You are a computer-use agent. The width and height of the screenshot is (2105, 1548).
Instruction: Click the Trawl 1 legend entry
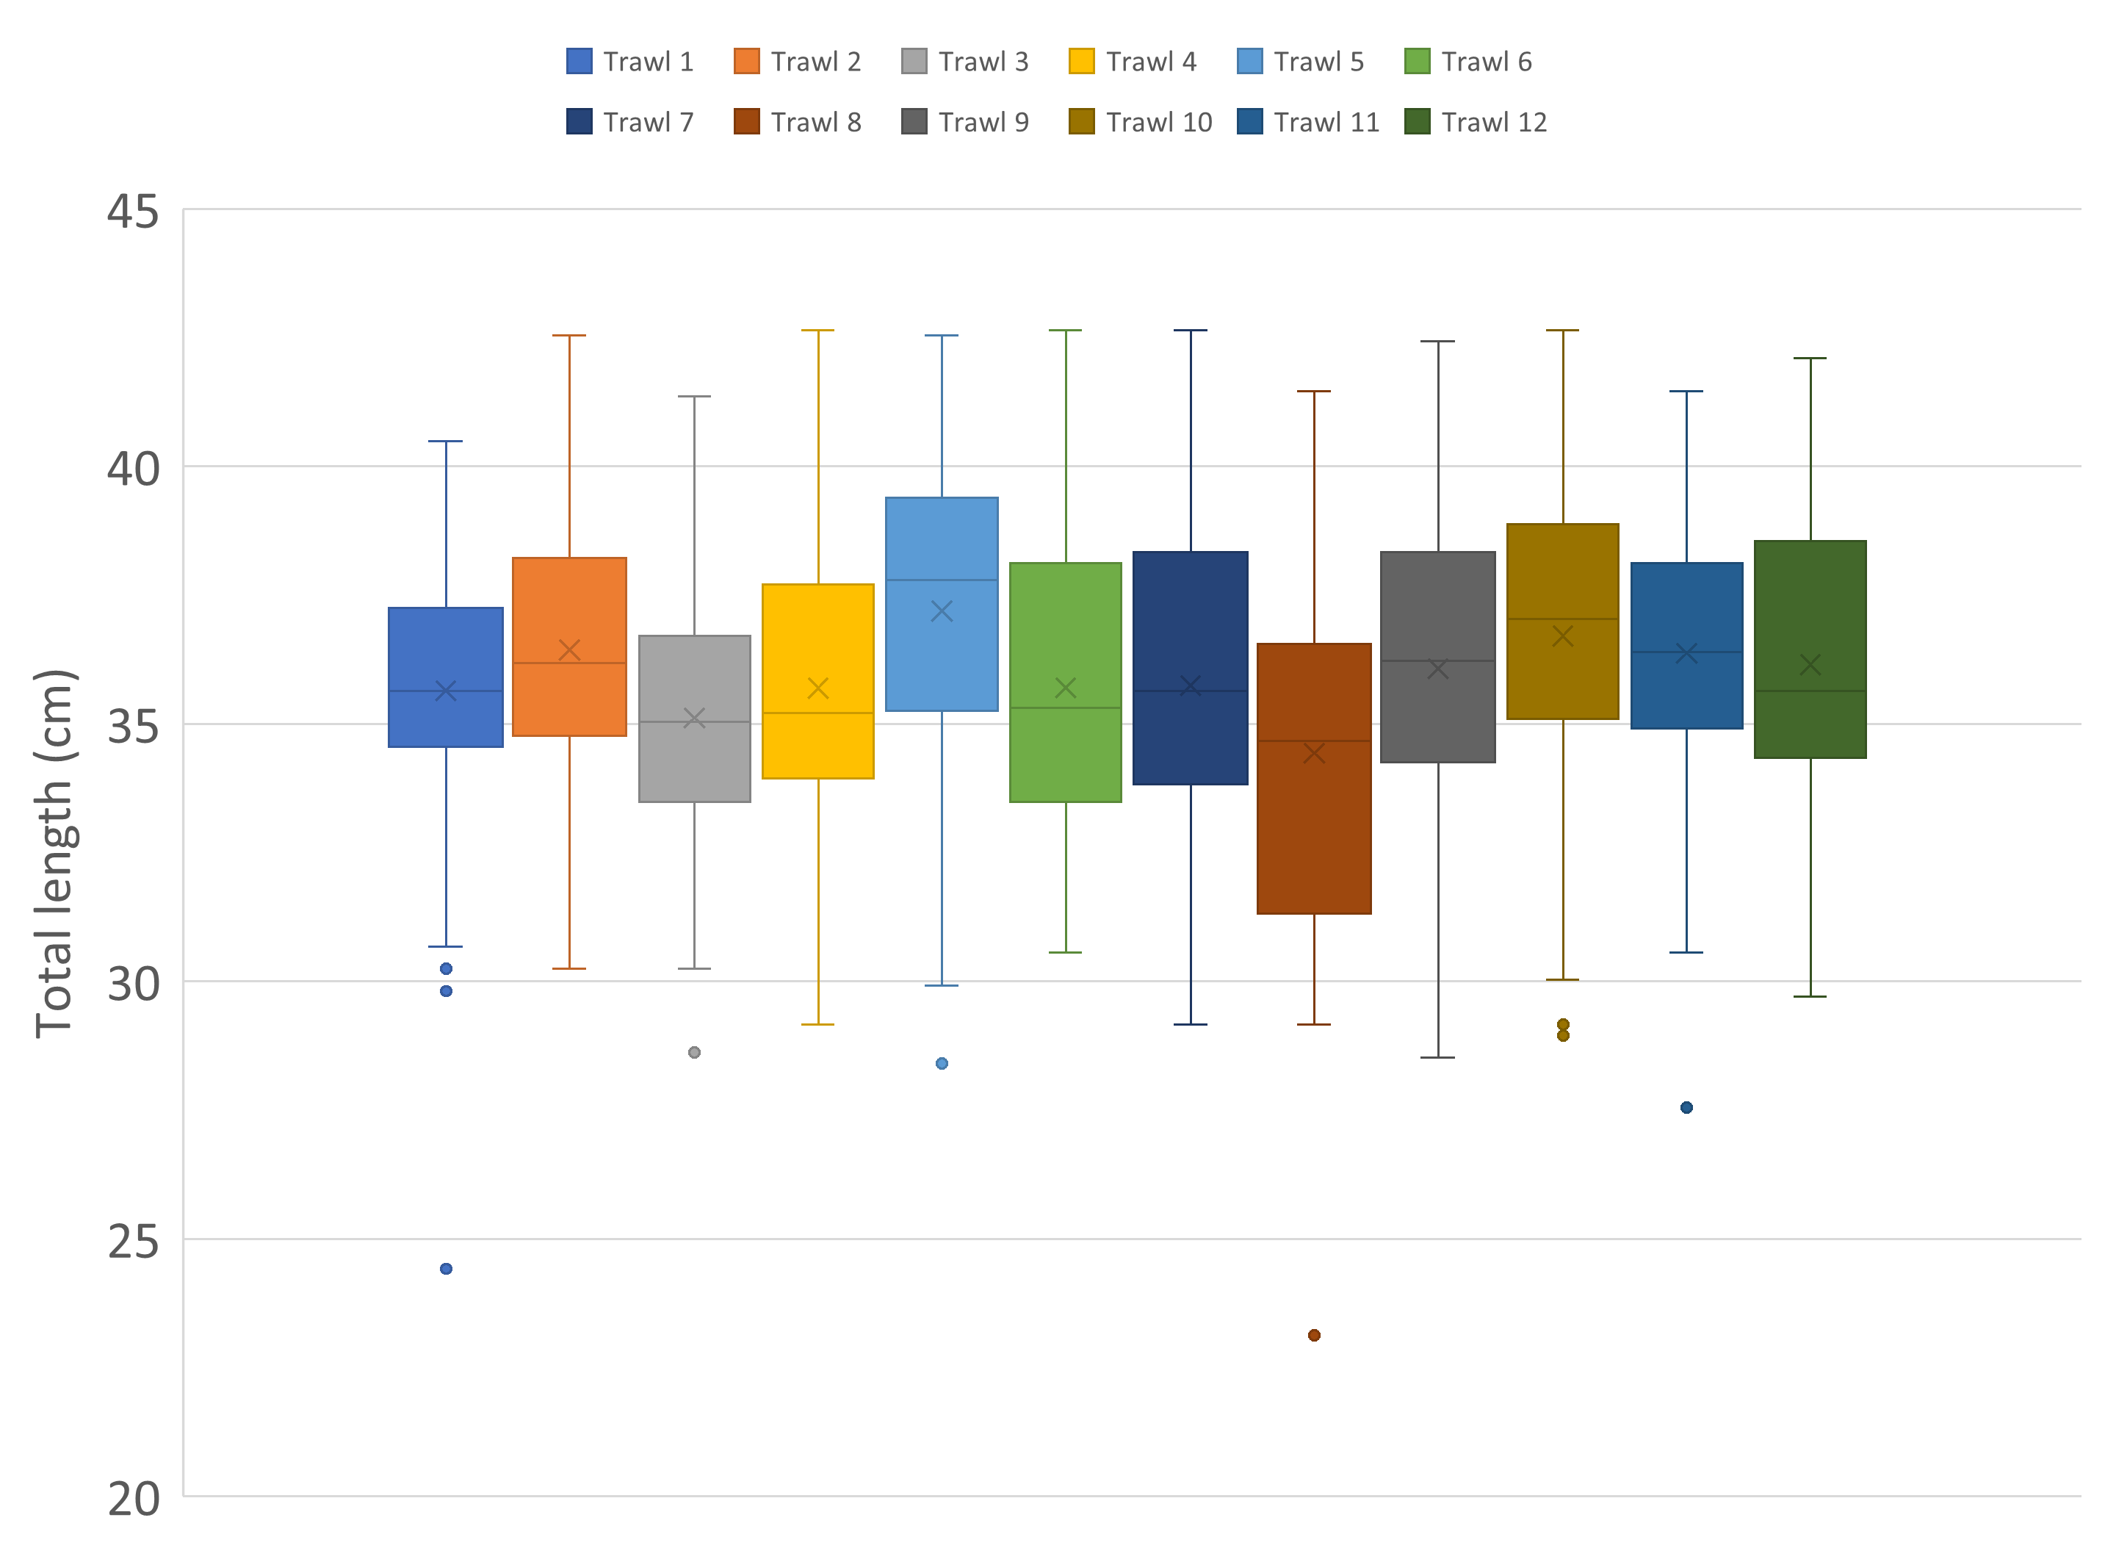(x=629, y=62)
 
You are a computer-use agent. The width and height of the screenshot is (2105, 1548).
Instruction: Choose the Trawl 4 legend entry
(x=1133, y=62)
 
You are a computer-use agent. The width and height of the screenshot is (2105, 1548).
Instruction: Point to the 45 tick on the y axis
(x=132, y=211)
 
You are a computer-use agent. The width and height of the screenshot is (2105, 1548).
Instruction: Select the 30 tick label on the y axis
(x=132, y=983)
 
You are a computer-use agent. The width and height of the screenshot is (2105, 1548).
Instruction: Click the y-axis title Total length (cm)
(x=54, y=854)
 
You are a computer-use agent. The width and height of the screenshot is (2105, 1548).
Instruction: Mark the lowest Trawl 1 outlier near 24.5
(x=446, y=1269)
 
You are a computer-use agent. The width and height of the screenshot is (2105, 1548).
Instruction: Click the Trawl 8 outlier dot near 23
(x=1314, y=1335)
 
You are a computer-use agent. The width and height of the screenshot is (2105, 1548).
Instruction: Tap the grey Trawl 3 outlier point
(x=694, y=1052)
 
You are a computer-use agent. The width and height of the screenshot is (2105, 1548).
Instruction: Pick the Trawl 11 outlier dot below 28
(x=1686, y=1108)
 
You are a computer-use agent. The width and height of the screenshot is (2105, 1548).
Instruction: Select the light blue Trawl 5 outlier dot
(x=942, y=1064)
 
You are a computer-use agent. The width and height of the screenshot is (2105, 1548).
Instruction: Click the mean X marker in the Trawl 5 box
(x=942, y=612)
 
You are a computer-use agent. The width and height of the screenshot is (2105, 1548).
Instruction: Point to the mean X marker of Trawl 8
(x=1314, y=753)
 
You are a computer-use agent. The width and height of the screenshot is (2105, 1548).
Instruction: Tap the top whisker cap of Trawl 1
(x=446, y=442)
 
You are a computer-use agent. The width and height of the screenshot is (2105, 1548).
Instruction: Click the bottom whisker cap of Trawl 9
(x=1438, y=1057)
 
